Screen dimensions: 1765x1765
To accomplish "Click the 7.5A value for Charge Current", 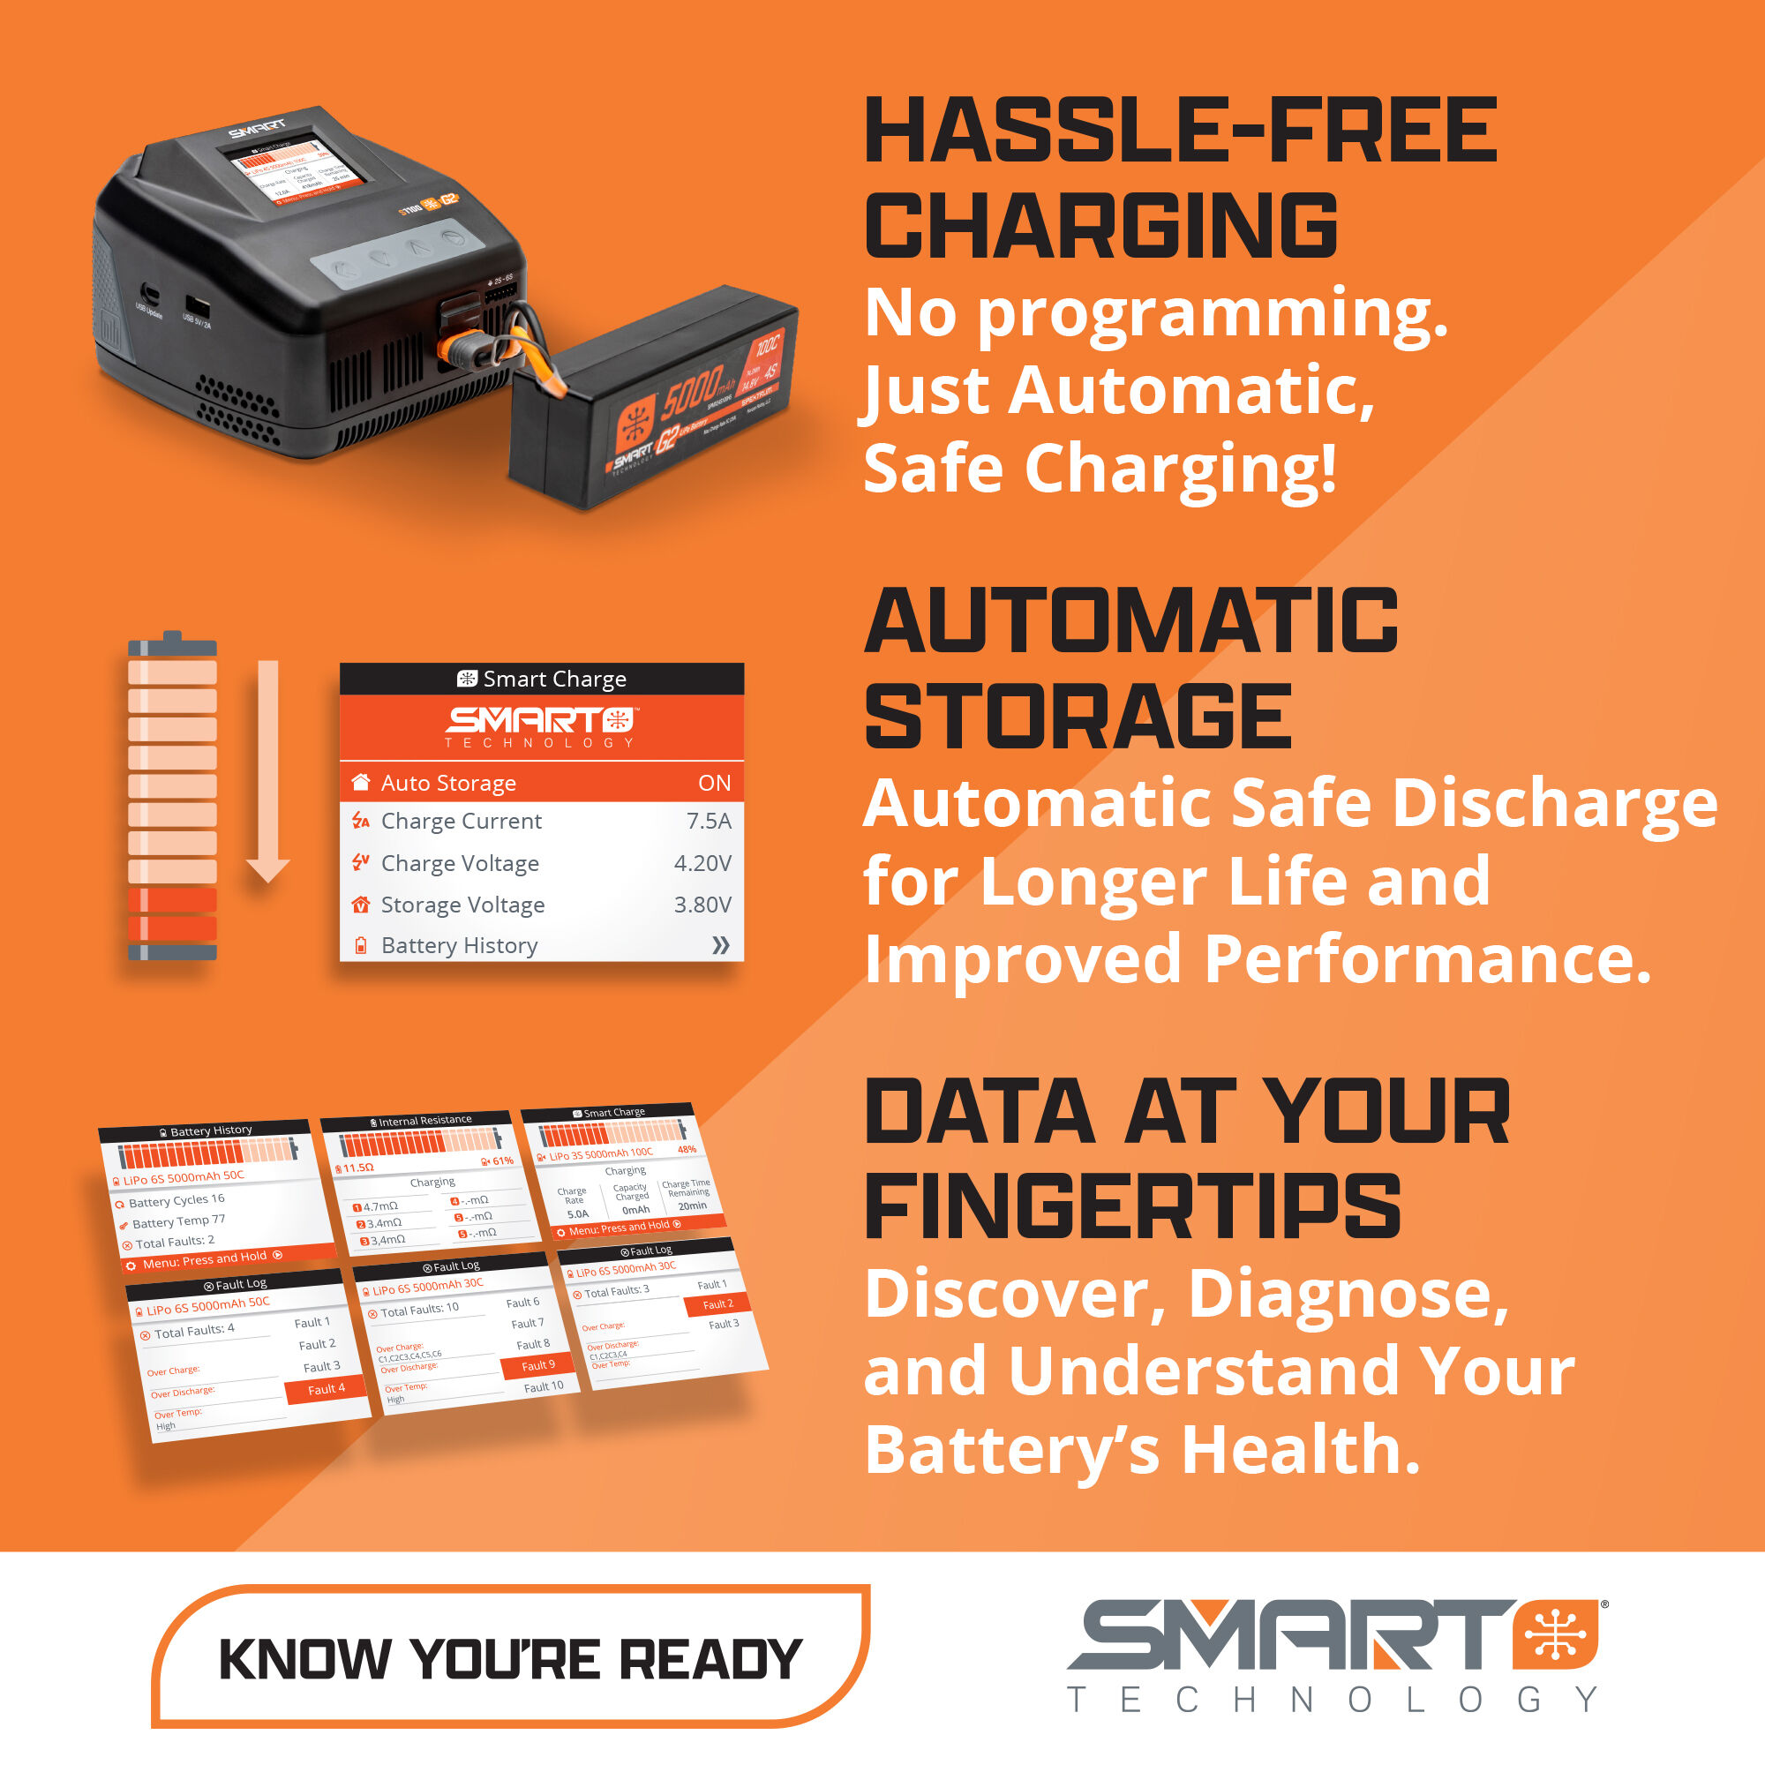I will click(708, 821).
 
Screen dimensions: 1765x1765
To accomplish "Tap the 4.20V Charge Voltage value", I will click(702, 862).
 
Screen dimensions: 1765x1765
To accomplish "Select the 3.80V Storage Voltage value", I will click(702, 904).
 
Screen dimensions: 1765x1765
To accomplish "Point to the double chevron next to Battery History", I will click(720, 944).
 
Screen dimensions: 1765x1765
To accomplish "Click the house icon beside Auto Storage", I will click(361, 782).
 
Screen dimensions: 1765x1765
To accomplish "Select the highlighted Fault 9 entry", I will click(538, 1365).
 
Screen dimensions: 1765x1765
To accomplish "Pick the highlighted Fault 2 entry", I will click(717, 1304).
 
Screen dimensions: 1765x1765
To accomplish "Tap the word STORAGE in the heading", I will click(1078, 717).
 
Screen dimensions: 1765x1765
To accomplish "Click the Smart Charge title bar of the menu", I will click(542, 679).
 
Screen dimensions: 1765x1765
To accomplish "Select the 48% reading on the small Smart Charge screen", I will click(686, 1149).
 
